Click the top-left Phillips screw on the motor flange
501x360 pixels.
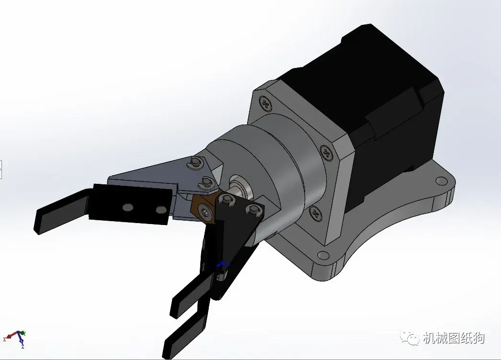(265, 102)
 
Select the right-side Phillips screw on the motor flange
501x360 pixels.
(327, 153)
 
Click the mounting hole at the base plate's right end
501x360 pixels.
(440, 181)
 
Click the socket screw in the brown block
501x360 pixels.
(205, 210)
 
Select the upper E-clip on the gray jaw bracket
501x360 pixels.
(194, 161)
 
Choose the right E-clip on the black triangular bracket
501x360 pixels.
(252, 209)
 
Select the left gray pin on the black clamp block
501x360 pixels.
(127, 207)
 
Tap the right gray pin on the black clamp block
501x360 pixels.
(159, 210)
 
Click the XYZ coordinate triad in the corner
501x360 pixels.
(17, 337)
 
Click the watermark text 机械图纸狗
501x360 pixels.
(454, 338)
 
